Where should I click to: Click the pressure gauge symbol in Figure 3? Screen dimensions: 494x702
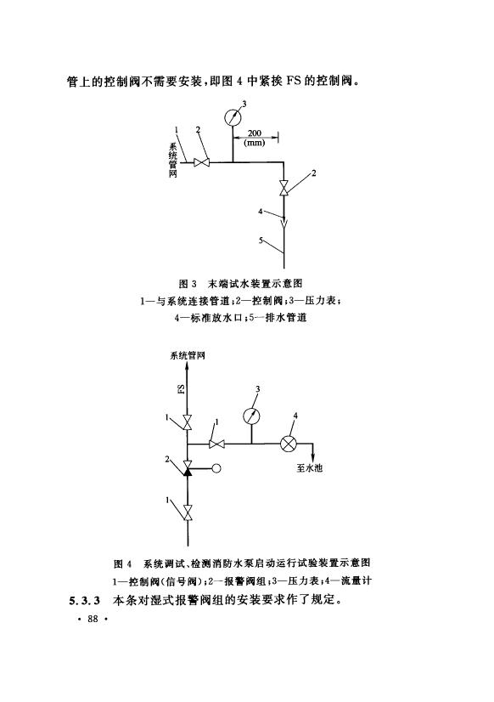233,117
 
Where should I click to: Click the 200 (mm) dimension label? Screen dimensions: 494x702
255,138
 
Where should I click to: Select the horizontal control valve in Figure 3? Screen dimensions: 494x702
202,161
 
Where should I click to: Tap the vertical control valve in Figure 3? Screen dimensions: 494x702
283,187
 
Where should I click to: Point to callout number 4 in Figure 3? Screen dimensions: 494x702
261,212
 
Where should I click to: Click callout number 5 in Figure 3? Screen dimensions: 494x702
261,241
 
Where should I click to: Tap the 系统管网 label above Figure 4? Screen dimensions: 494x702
188,356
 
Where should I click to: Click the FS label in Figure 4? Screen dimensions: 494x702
182,388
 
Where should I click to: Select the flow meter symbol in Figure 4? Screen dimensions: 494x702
289,444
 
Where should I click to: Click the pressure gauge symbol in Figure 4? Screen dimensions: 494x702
251,416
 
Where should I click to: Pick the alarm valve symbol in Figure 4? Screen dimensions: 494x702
188,467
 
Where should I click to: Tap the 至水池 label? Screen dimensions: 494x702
309,468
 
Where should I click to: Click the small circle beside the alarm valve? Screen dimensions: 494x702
216,469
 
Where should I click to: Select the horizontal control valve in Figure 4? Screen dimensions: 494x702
216,444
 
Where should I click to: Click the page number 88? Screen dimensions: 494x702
93,620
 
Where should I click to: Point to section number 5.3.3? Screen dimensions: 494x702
84,600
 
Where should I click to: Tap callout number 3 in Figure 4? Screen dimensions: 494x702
257,389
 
